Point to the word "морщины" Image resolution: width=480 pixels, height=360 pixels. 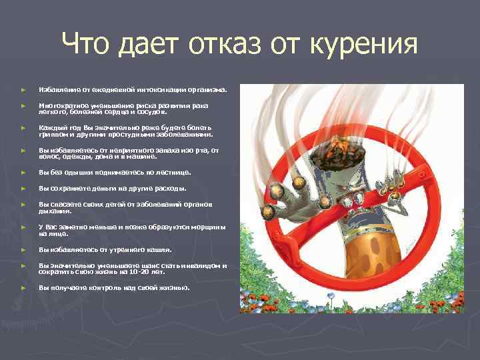pyautogui.click(x=209, y=227)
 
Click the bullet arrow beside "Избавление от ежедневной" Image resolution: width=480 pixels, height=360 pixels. pyautogui.click(x=23, y=89)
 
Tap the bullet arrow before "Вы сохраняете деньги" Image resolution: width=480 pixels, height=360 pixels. pyautogui.click(x=23, y=189)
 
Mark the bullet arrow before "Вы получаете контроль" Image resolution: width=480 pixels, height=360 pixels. pyautogui.click(x=23, y=288)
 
